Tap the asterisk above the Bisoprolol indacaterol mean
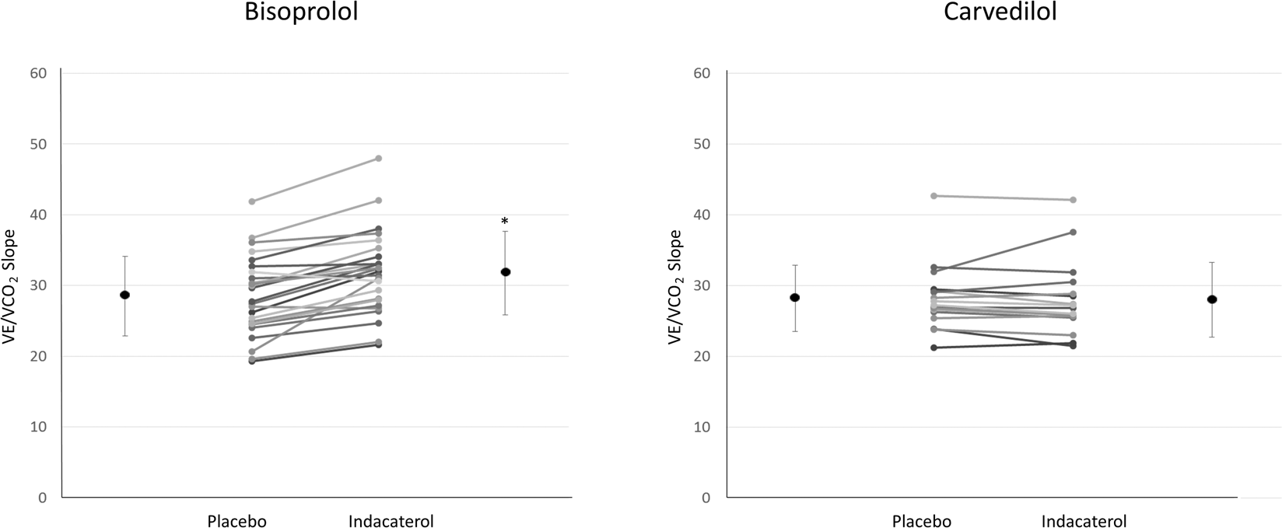coord(505,222)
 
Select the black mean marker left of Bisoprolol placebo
coord(124,295)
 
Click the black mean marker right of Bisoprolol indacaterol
coord(505,271)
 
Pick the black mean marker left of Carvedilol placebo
coord(795,297)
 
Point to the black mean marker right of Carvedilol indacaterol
coord(1212,299)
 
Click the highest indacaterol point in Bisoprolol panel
coord(379,158)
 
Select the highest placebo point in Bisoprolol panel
coord(252,201)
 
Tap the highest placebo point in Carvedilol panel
coord(933,196)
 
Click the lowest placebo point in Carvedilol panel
coord(933,348)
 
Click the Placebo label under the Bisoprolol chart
coord(236,521)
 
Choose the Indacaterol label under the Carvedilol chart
coord(1084,521)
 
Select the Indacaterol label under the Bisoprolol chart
coord(391,521)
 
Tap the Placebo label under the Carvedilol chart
coord(922,521)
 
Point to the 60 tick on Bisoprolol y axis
coord(38,73)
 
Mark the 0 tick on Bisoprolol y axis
coord(42,498)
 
